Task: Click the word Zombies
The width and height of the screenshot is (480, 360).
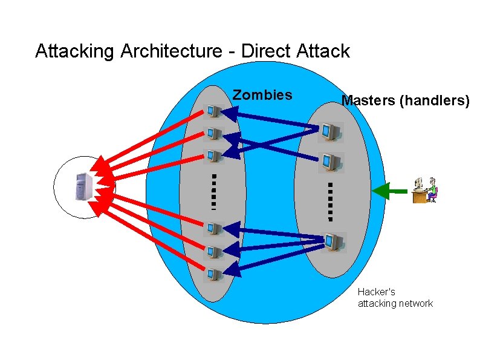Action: pos(262,95)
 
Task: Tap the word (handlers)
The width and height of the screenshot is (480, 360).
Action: pos(434,100)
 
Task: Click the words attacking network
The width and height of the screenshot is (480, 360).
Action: pos(395,303)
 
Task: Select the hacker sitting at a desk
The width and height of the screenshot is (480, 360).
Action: pos(425,190)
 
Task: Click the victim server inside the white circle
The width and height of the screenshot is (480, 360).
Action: pos(83,186)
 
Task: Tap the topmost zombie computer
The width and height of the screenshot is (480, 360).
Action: pos(213,111)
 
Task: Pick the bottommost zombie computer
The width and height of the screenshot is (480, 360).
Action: pos(213,275)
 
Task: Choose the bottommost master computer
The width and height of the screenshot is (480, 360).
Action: pos(331,241)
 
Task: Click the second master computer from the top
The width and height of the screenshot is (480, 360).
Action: pos(330,162)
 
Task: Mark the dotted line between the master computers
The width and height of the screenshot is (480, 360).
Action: pos(331,200)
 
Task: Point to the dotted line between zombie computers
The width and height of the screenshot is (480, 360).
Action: pos(214,190)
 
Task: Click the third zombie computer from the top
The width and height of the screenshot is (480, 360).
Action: pos(213,155)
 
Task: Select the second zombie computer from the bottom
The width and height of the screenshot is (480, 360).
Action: pos(213,252)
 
